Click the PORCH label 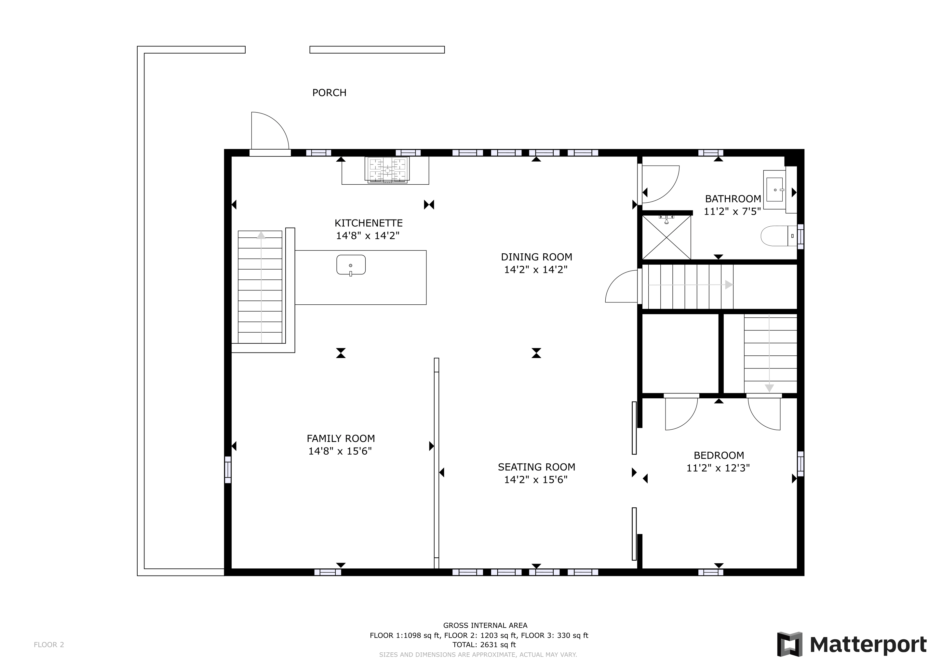click(x=329, y=93)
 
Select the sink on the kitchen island click(x=351, y=265)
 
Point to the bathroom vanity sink click(x=774, y=190)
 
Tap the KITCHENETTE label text click(x=369, y=223)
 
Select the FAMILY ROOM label click(x=341, y=438)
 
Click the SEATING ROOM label click(x=536, y=467)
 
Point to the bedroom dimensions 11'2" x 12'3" click(x=718, y=468)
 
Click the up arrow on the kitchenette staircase click(x=261, y=235)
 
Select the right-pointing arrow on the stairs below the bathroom click(x=729, y=285)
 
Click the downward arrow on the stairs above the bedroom click(x=769, y=388)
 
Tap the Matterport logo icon click(x=790, y=644)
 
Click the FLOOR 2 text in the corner click(x=49, y=645)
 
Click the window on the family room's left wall click(x=228, y=470)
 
